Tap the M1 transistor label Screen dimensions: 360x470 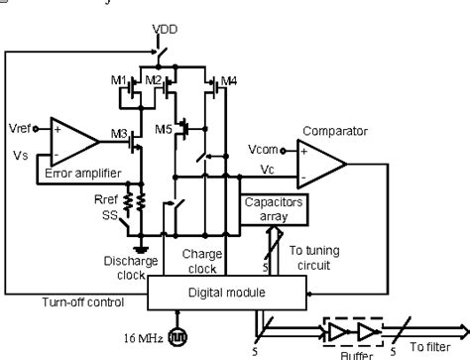[118, 79]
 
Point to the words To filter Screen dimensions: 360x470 [432, 347]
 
